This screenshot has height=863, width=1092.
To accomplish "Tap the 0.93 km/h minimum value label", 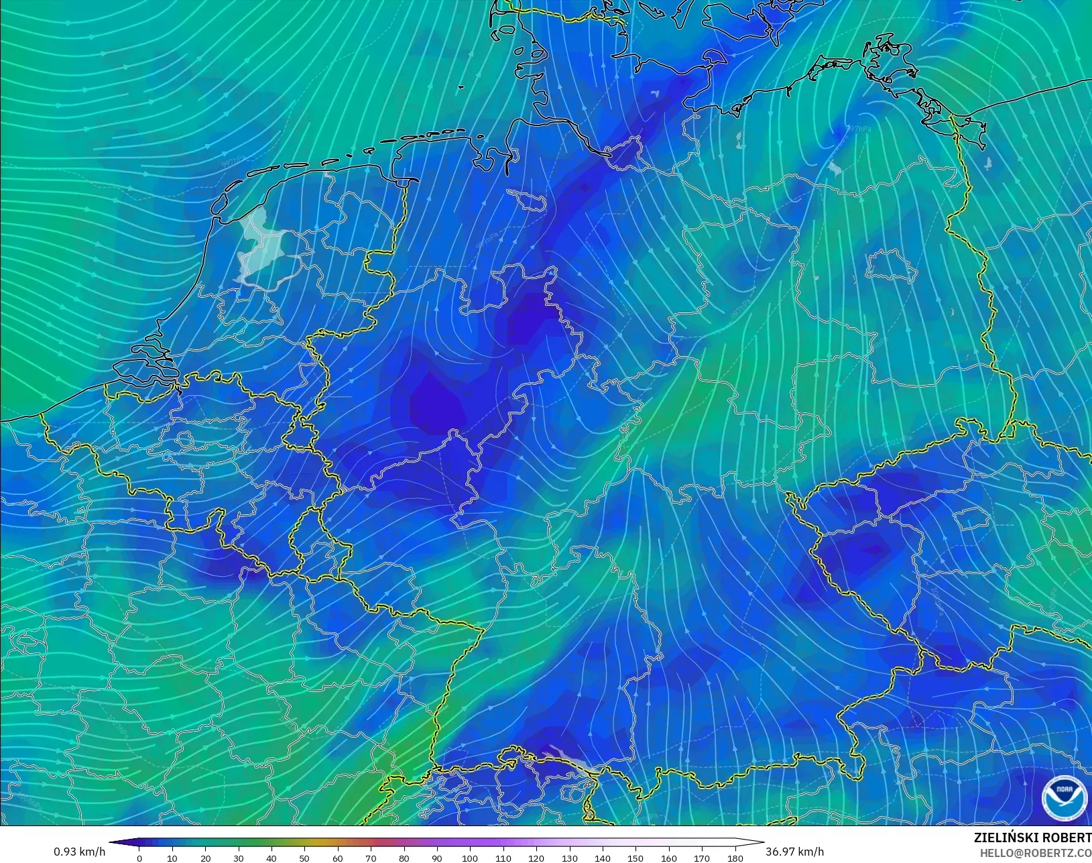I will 80,852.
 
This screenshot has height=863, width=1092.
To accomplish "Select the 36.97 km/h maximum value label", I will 794,852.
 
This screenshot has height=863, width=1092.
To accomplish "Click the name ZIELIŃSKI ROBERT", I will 1032,838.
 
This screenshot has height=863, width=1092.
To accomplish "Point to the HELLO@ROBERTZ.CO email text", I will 1036,853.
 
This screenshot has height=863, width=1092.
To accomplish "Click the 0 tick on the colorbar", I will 139,858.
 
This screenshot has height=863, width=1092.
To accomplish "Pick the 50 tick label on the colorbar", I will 304,858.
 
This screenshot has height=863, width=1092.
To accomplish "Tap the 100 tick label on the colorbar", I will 470,858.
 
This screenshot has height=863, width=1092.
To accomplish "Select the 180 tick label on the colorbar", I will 735,858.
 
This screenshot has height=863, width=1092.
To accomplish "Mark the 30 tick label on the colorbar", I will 239,858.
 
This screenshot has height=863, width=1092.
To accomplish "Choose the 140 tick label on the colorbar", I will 602,858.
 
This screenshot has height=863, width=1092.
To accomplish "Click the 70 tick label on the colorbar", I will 371,858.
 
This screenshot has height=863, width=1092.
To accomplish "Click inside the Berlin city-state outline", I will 891,264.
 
